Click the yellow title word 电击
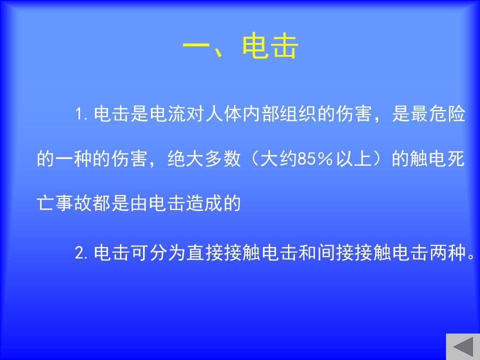tap(270, 46)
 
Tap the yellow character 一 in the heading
tap(196, 46)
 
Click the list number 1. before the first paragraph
tap(82, 114)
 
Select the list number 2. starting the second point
tap(81, 253)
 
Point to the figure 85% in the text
tap(315, 159)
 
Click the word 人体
tap(224, 114)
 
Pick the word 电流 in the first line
tap(168, 114)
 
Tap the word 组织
tap(299, 114)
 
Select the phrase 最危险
tap(438, 114)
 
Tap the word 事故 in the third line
tap(74, 203)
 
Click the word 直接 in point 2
tap(205, 253)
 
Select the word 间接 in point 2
tap(336, 253)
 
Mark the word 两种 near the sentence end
tap(447, 253)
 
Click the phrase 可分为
tap(158, 253)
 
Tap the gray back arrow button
tap(463, 347)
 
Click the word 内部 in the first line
tap(261, 114)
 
